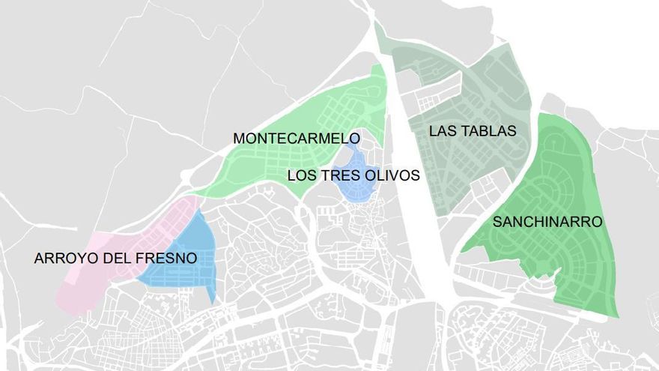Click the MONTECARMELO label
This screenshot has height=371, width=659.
297,139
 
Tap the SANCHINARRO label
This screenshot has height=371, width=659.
547,222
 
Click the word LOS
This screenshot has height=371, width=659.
303,176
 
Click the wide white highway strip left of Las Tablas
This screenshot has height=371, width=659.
419,225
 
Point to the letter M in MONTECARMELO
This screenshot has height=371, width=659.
239,139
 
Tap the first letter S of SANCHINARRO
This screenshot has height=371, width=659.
497,222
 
